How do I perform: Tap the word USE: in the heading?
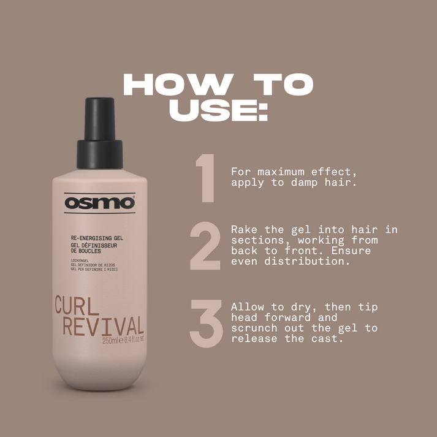pyautogui.click(x=218, y=110)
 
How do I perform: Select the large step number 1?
pyautogui.click(x=205, y=178)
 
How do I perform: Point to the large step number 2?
pyautogui.click(x=205, y=246)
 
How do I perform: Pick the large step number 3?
pyautogui.click(x=206, y=324)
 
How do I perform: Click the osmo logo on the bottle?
pyautogui.click(x=99, y=203)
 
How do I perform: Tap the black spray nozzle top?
pyautogui.click(x=100, y=133)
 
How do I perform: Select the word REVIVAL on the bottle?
pyautogui.click(x=104, y=325)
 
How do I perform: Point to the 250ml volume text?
pyautogui.click(x=110, y=341)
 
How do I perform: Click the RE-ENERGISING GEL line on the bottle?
pyautogui.click(x=97, y=238)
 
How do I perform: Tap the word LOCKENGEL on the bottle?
pyautogui.click(x=80, y=261)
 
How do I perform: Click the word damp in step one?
pyautogui.click(x=304, y=183)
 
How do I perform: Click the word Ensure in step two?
pyautogui.click(x=351, y=251)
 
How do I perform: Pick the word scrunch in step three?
pyautogui.click(x=254, y=329)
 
